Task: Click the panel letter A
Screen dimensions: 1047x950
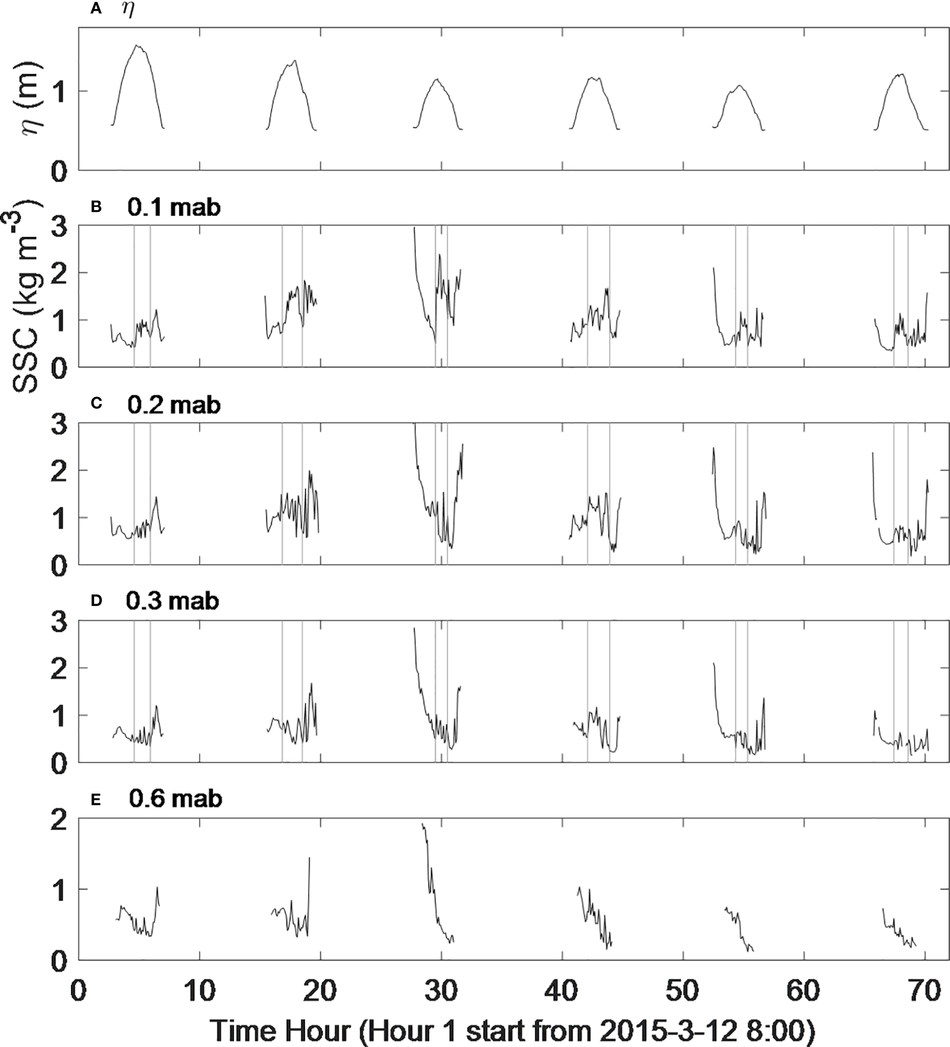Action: tap(96, 9)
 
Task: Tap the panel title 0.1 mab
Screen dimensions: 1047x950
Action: tap(173, 207)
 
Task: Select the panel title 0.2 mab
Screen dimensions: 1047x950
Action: tap(173, 405)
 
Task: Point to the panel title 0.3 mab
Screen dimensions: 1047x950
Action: tap(173, 601)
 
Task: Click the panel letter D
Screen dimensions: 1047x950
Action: tap(96, 601)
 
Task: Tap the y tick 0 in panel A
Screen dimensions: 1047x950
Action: tap(61, 171)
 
